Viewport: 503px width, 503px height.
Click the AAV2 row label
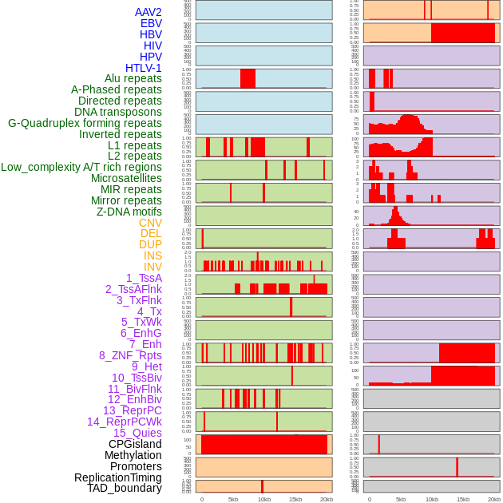149,12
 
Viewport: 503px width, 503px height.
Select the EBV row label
151,23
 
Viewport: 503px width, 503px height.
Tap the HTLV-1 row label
144,68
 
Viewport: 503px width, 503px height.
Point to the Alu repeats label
133,79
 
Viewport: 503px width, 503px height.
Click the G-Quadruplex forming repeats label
85,123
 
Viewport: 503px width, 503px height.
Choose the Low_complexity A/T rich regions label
81,167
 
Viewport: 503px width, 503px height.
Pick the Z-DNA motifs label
129,212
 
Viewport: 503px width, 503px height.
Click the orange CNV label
150,223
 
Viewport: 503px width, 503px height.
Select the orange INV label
152,267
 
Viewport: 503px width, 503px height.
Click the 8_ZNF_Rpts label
130,355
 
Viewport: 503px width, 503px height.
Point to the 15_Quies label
137,433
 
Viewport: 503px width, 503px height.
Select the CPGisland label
135,444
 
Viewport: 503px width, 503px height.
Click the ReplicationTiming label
117,477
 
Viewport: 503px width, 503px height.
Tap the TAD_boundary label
125,488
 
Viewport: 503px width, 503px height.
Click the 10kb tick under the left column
263,499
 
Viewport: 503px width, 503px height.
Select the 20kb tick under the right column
494,499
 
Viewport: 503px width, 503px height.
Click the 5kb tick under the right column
401,499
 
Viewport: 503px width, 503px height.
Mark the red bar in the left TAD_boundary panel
262,486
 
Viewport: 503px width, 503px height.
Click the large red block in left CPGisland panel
264,445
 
